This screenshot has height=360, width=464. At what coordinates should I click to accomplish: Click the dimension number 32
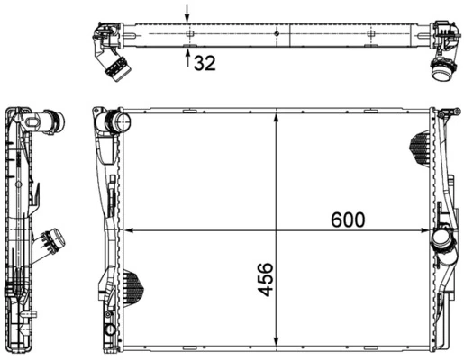click(x=205, y=63)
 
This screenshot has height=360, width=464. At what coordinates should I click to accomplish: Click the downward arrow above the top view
click(x=187, y=13)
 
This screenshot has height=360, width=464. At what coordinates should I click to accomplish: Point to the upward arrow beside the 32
click(x=187, y=59)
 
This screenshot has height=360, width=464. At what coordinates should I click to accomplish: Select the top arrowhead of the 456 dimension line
click(x=276, y=117)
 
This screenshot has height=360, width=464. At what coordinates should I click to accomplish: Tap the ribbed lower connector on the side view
click(x=51, y=240)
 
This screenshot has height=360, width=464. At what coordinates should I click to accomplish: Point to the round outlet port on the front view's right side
click(x=441, y=241)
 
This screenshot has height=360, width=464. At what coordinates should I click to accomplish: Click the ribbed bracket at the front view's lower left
click(x=132, y=286)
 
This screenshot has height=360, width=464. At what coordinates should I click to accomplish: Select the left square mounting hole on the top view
click(x=189, y=34)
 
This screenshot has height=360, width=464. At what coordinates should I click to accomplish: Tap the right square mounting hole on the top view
click(x=370, y=34)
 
